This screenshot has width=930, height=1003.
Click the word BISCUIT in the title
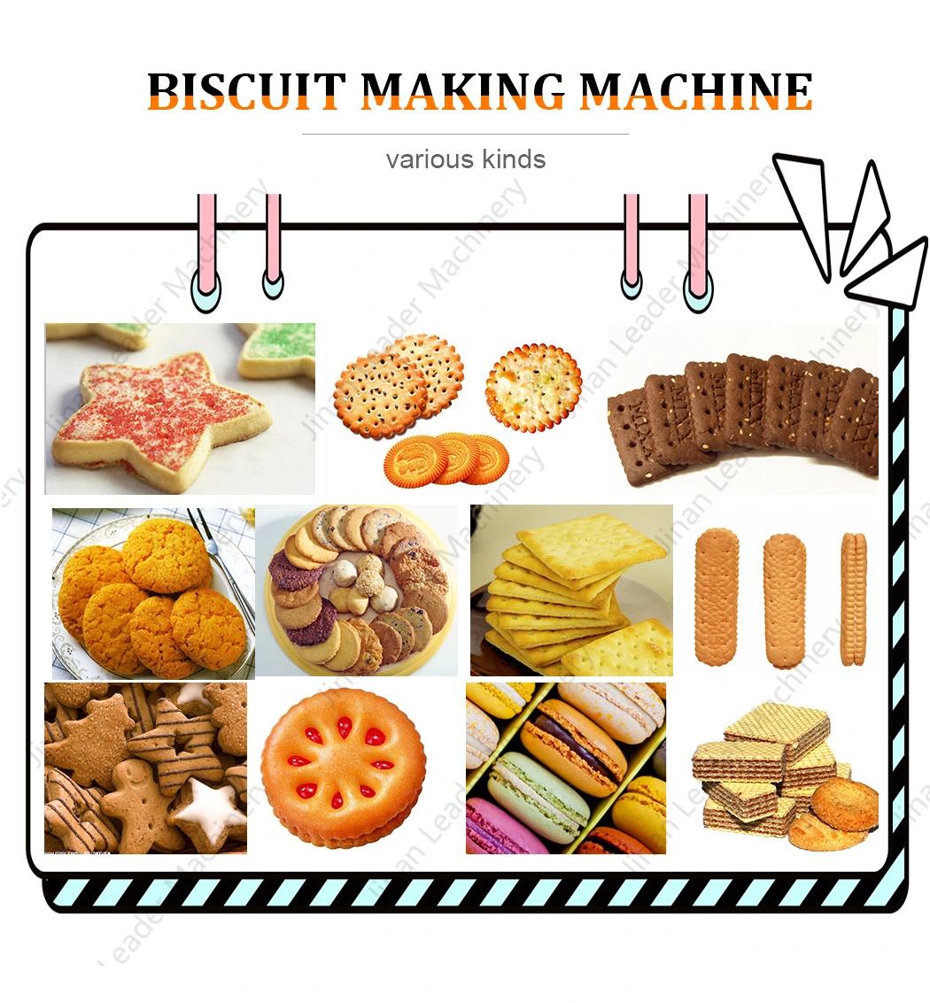click(245, 91)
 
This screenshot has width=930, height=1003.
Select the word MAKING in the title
click(462, 91)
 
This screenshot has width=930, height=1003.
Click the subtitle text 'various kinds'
click(465, 158)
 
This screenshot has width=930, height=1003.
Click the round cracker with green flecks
click(534, 388)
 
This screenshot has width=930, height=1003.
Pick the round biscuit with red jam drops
click(344, 767)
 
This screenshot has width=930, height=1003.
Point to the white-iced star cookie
click(208, 808)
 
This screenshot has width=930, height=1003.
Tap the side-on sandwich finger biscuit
click(853, 599)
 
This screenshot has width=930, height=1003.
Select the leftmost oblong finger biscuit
click(717, 596)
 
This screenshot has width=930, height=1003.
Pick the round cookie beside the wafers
click(844, 805)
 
